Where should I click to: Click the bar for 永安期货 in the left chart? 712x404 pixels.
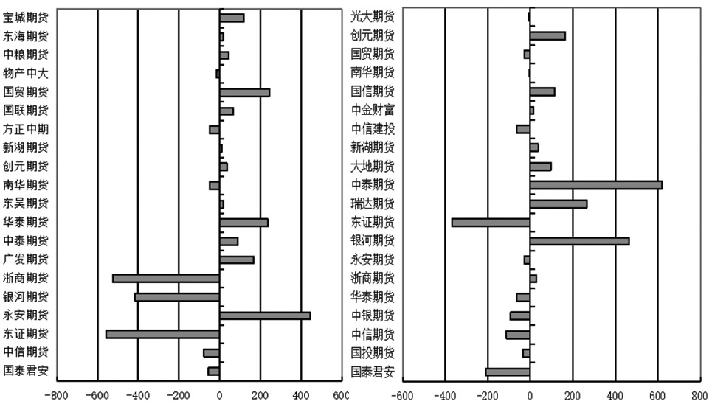(x=265, y=316)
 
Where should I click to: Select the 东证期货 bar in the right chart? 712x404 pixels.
(x=491, y=223)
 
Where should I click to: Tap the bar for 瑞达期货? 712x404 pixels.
(x=559, y=204)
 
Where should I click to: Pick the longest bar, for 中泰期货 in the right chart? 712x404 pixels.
(x=596, y=185)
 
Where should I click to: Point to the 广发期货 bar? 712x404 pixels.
(x=237, y=260)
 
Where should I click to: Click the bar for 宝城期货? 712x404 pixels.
(x=232, y=18)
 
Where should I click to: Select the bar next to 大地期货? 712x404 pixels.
(x=541, y=167)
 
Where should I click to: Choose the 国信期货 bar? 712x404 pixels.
(x=542, y=92)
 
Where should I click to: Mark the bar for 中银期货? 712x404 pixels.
(x=520, y=316)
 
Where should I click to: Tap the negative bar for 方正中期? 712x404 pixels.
(x=215, y=130)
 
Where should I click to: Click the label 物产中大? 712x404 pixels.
(x=26, y=74)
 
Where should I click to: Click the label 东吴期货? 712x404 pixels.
(x=26, y=203)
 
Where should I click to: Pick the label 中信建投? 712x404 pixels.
(x=373, y=129)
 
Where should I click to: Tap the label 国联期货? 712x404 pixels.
(x=26, y=111)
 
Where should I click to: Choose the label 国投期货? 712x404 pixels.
(x=373, y=352)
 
